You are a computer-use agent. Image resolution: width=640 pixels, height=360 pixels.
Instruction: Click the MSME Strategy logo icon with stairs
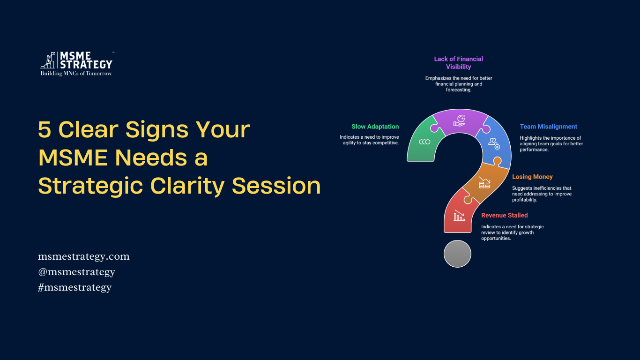pyautogui.click(x=47, y=60)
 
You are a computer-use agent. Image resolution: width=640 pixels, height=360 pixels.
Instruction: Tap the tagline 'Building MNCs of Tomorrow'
pyautogui.click(x=76, y=74)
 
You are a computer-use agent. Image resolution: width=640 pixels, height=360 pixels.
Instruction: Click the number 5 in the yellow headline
pyautogui.click(x=45, y=129)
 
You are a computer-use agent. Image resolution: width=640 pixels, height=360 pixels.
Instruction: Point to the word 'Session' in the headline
pyautogui.click(x=276, y=186)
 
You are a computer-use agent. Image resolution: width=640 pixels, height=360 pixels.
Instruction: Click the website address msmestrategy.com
pyautogui.click(x=84, y=256)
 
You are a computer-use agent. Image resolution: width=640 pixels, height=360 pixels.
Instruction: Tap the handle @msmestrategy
pyautogui.click(x=76, y=272)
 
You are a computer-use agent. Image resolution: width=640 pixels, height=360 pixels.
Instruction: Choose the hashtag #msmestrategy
pyautogui.click(x=75, y=287)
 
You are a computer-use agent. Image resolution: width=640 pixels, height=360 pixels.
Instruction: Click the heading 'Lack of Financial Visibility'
pyautogui.click(x=459, y=63)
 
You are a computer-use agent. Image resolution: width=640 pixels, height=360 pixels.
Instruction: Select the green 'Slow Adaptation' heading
pyautogui.click(x=375, y=127)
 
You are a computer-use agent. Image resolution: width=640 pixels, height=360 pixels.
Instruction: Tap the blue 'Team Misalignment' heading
pyautogui.click(x=549, y=127)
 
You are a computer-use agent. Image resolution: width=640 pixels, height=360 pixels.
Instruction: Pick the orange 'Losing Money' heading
pyautogui.click(x=532, y=177)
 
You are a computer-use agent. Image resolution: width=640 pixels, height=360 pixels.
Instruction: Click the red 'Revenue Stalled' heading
pyautogui.click(x=504, y=215)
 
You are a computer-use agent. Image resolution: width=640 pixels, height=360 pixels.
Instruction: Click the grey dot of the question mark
pyautogui.click(x=457, y=254)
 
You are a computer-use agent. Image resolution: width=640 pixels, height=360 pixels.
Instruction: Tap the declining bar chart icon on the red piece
pyautogui.click(x=459, y=216)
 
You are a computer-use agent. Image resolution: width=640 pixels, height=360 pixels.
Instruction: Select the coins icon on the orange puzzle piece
pyautogui.click(x=484, y=183)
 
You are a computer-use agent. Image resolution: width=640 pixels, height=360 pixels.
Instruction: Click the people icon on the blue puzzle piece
pyautogui.click(x=494, y=143)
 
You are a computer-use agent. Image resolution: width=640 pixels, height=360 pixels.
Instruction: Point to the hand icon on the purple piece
pyautogui.click(x=460, y=120)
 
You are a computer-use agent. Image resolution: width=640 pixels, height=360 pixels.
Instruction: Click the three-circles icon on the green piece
pyautogui.click(x=424, y=142)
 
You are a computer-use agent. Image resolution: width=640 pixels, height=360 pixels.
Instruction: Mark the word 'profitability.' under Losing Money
pyautogui.click(x=525, y=200)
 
